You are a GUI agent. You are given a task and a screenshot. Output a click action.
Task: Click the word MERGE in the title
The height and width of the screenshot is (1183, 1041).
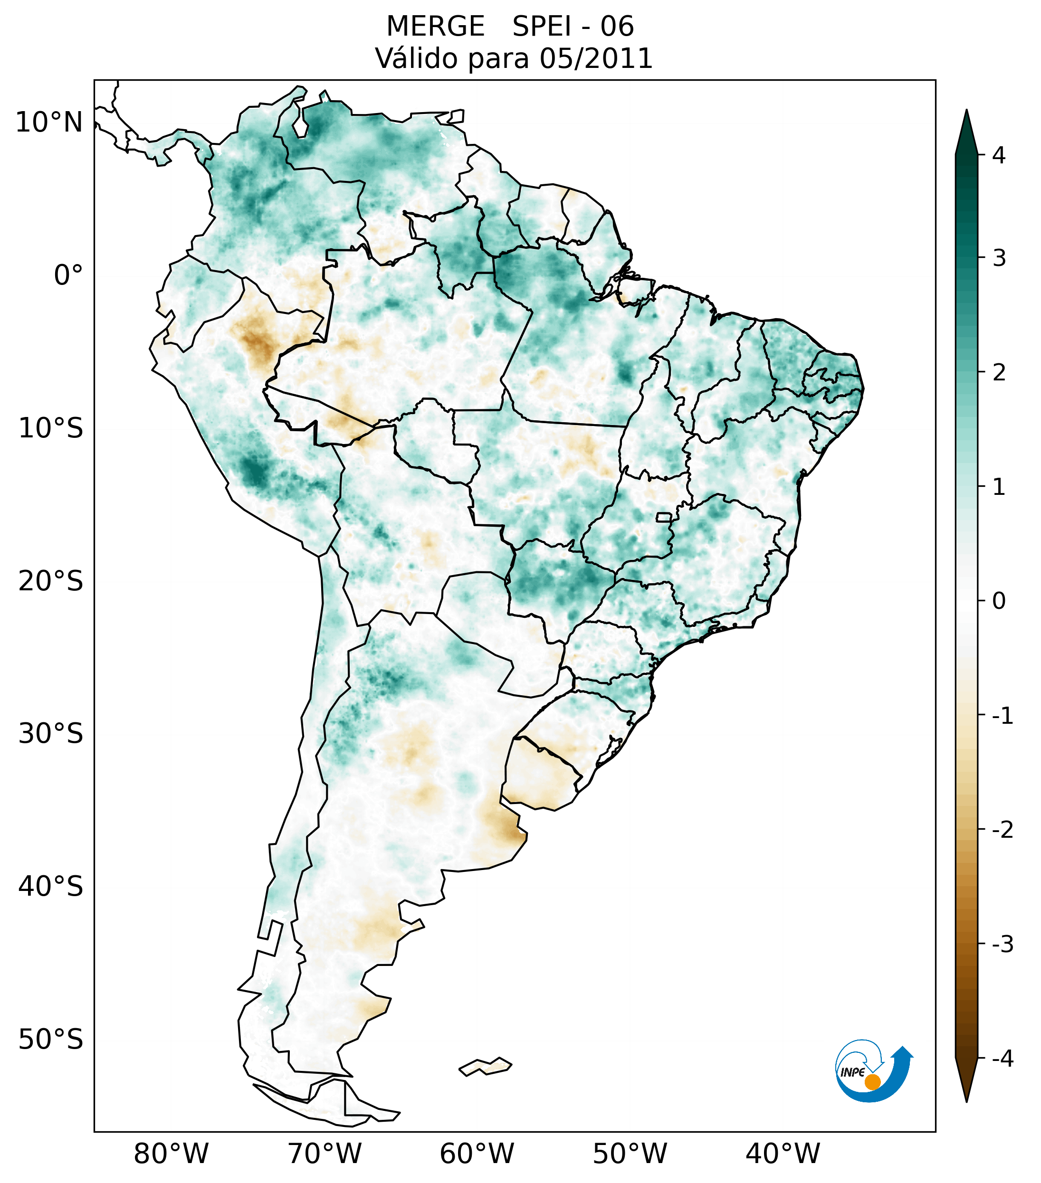435,27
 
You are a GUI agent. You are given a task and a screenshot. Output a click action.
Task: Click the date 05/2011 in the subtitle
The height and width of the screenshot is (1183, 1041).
595,58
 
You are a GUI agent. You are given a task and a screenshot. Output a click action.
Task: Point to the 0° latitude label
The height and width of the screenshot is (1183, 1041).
68,275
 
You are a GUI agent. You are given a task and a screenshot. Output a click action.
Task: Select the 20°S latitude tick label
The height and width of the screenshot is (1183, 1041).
51,581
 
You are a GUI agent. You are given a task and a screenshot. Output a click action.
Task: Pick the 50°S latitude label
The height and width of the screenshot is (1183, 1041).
51,1040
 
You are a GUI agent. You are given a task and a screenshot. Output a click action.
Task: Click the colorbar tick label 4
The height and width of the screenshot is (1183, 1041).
999,155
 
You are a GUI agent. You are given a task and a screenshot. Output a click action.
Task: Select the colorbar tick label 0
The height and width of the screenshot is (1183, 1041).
999,601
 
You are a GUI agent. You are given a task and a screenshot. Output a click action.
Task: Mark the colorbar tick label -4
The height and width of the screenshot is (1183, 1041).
1002,1059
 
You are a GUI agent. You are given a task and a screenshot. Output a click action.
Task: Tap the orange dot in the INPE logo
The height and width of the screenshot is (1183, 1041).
872,1082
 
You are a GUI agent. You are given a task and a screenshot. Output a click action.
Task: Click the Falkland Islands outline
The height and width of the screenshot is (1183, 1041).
485,1066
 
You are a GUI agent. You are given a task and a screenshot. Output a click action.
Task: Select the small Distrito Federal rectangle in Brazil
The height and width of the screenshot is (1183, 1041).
663,517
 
